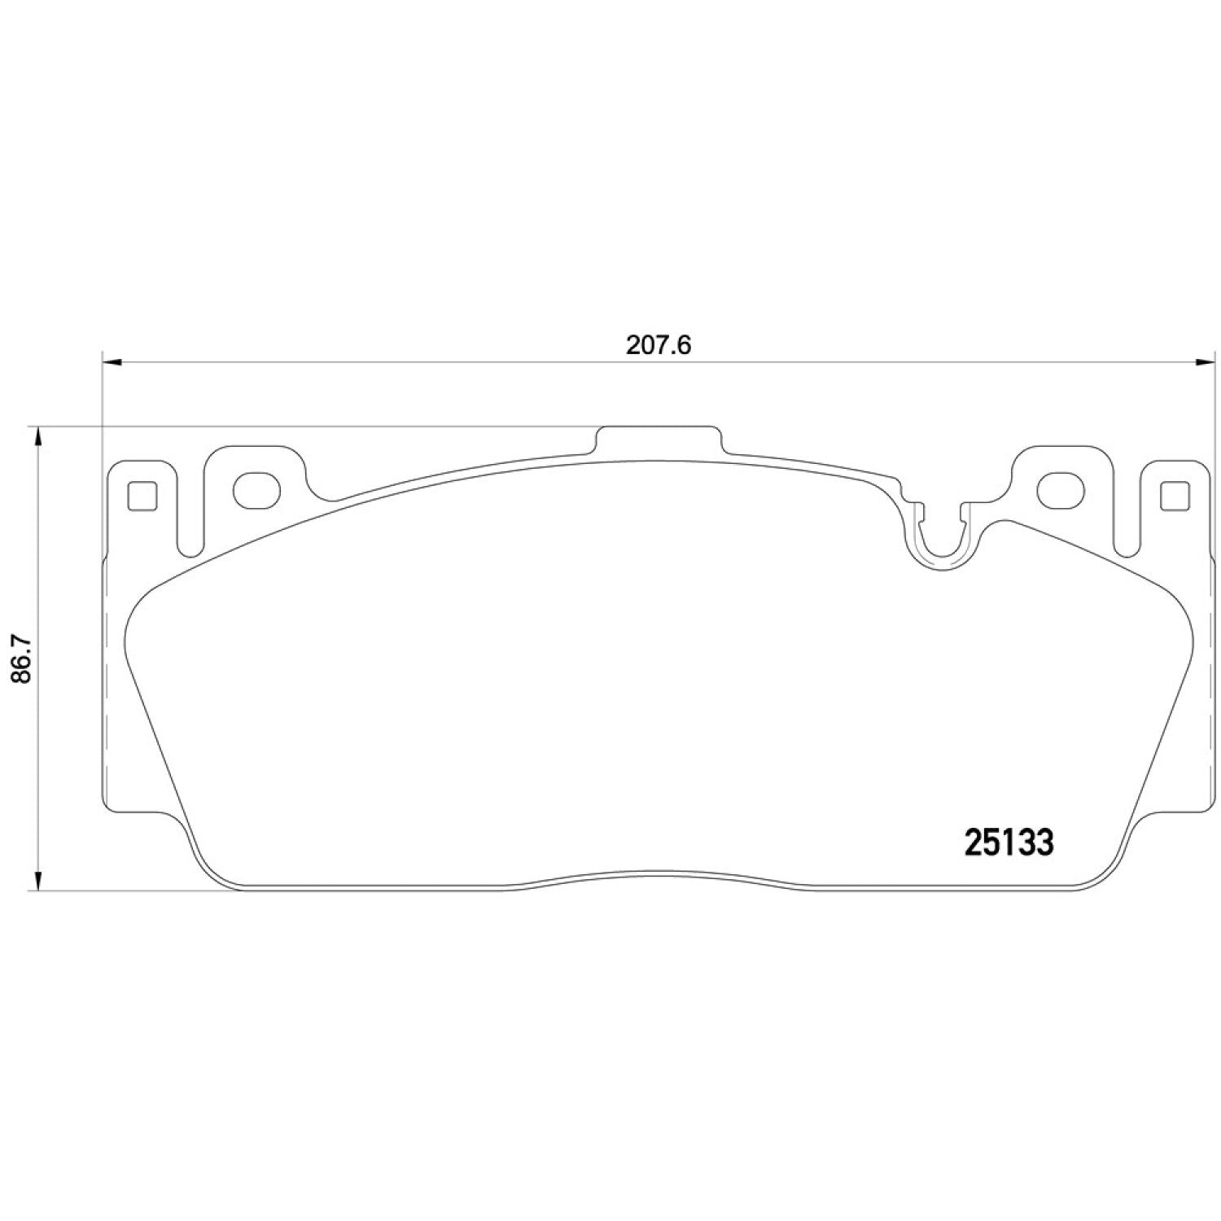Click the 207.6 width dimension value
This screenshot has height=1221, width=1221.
click(658, 345)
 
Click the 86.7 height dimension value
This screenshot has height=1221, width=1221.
click(22, 659)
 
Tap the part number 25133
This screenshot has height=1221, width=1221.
click(1009, 842)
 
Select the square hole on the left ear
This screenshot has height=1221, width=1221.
click(142, 496)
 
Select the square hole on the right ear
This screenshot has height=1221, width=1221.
click(1173, 496)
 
